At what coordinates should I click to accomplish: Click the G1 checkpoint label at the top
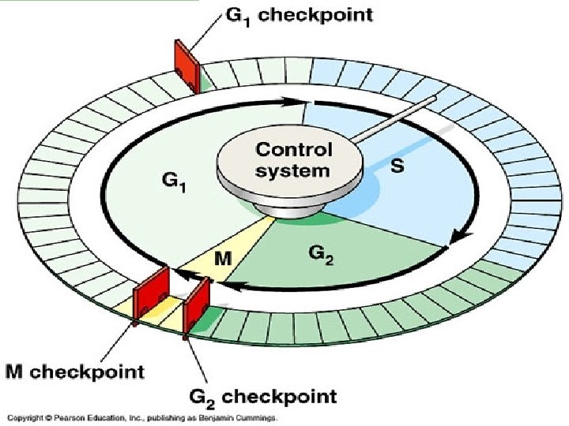coord(301,16)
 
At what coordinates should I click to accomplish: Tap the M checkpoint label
coord(74,371)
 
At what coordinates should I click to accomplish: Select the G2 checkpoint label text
coord(266,396)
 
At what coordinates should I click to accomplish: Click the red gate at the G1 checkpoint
coord(187,61)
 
